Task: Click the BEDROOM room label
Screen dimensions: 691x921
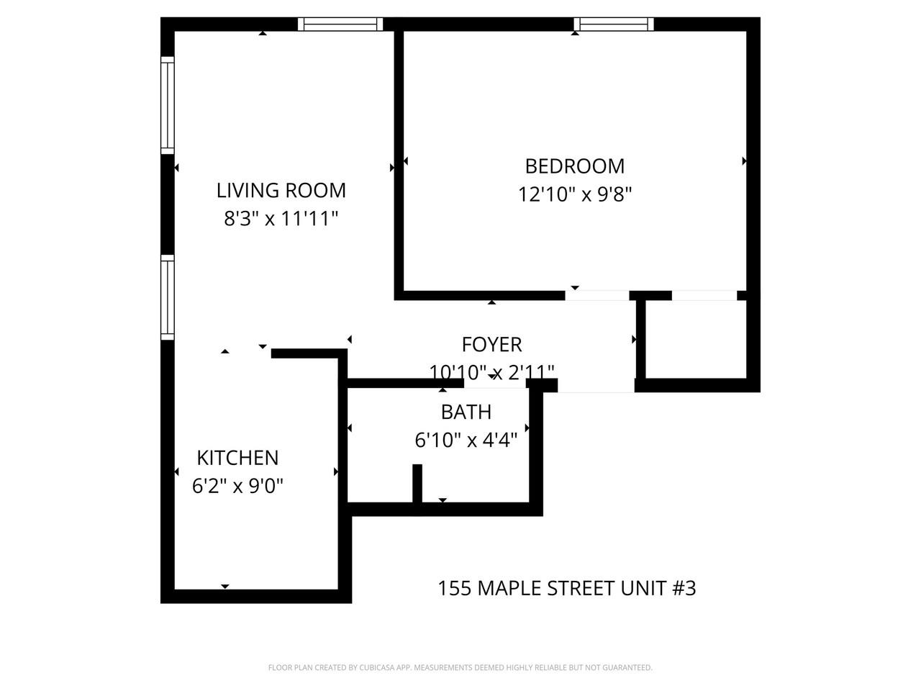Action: click(574, 166)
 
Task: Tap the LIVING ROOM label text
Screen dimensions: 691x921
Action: click(281, 191)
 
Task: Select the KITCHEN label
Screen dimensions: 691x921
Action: click(237, 458)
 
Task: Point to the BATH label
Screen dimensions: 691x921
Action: click(466, 412)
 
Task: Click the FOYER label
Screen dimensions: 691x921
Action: click(491, 345)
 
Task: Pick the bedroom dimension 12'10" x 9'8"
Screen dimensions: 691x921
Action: click(574, 195)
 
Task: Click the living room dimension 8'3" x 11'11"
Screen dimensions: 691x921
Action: click(281, 219)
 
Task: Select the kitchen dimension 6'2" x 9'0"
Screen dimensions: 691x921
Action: click(237, 487)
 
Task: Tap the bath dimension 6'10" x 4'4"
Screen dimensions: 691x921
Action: click(466, 440)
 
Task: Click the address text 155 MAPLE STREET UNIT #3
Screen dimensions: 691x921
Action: click(566, 589)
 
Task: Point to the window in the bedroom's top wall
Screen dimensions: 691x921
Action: click(614, 24)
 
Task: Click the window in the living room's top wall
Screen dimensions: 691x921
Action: click(340, 24)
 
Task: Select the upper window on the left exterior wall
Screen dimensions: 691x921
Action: click(167, 105)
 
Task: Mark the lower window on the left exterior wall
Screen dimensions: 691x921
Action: click(167, 297)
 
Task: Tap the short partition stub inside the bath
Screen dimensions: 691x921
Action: click(417, 484)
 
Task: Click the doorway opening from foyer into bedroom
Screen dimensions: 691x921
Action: click(596, 295)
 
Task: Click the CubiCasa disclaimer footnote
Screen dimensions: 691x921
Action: click(460, 668)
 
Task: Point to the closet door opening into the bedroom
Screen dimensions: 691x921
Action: click(704, 295)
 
